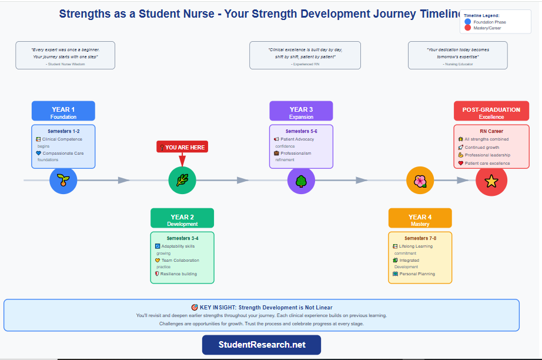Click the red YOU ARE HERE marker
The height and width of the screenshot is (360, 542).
[x=182, y=147]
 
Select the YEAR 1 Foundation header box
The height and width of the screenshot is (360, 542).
[x=63, y=112]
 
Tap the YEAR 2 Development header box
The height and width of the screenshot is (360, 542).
[x=182, y=219]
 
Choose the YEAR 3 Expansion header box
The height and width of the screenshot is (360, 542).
[x=301, y=112]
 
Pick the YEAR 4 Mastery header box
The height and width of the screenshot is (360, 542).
[x=420, y=219]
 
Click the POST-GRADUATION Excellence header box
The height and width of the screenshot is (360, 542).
[x=491, y=112]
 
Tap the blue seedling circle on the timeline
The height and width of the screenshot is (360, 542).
[x=63, y=181]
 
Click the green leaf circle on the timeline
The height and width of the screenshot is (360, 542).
[x=182, y=181]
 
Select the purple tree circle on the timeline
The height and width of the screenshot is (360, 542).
[x=301, y=181]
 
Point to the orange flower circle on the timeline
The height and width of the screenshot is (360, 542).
[x=420, y=181]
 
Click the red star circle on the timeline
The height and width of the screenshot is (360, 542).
[x=491, y=181]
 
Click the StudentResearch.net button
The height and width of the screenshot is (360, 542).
[x=262, y=345]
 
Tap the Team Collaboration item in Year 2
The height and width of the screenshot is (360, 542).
[x=180, y=260]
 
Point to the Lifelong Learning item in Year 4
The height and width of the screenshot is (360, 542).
[x=416, y=246]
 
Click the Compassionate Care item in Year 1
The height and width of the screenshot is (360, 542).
[x=62, y=153]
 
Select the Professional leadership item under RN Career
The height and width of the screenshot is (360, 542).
[x=487, y=155]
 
